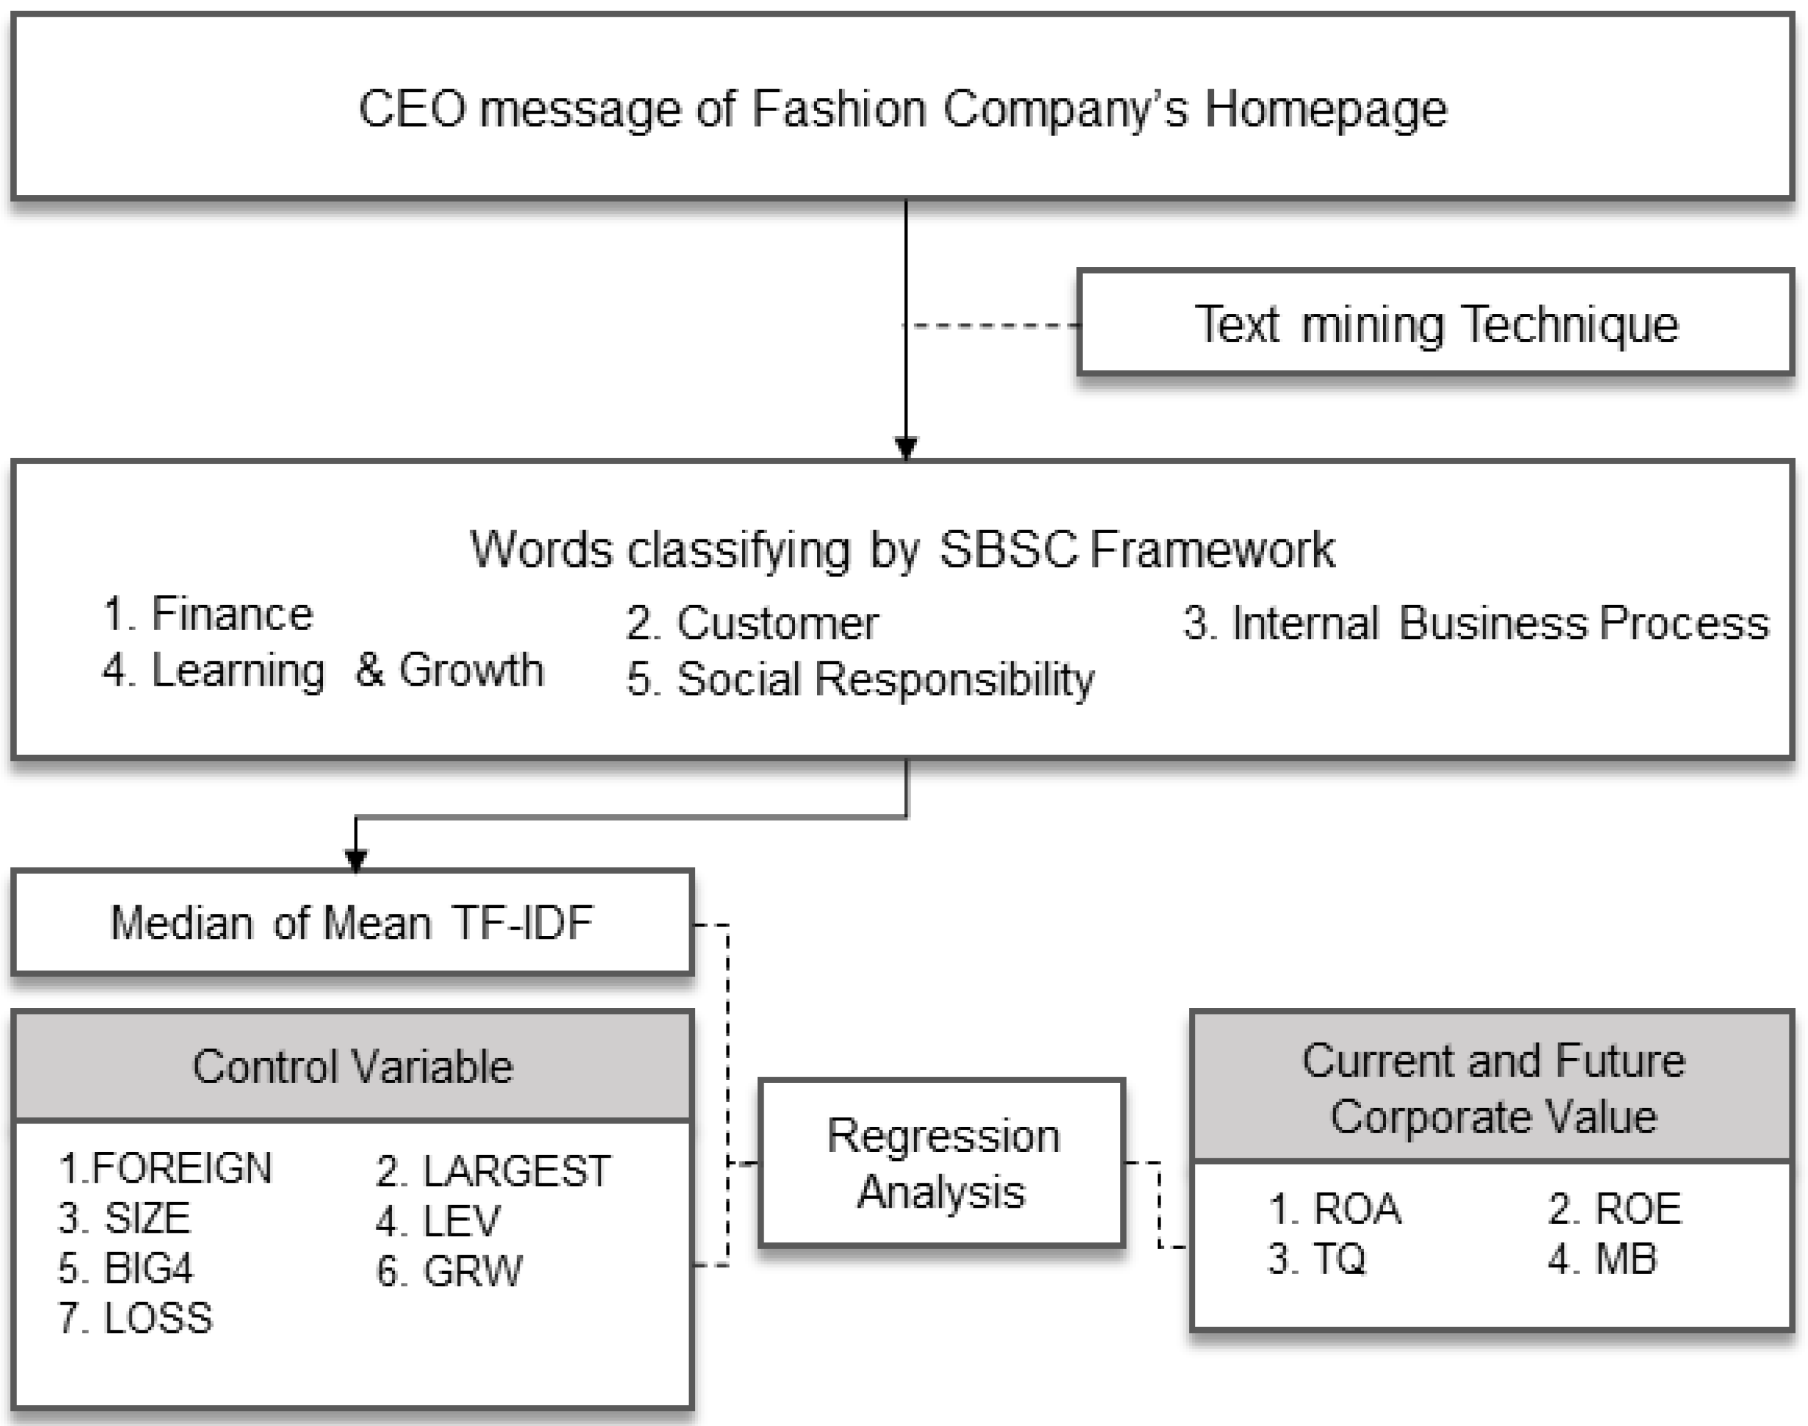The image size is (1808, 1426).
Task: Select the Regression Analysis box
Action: click(x=942, y=1163)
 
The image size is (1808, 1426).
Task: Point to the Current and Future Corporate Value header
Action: click(x=1493, y=1088)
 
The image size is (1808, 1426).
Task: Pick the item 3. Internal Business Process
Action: click(x=1476, y=623)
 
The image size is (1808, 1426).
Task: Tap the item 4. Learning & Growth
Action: click(x=322, y=670)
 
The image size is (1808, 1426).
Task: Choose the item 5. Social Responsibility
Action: click(x=860, y=679)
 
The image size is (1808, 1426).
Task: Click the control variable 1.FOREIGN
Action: click(x=165, y=1168)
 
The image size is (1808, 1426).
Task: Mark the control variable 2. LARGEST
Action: click(x=493, y=1171)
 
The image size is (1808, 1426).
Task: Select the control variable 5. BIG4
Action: click(x=125, y=1268)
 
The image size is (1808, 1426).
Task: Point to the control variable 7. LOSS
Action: click(x=136, y=1318)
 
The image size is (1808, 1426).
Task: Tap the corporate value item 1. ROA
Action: click(x=1335, y=1209)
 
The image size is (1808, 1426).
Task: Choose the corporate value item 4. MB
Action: click(x=1602, y=1259)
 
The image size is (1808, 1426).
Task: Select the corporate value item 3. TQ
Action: click(x=1317, y=1259)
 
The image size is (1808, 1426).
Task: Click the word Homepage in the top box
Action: click(x=1325, y=109)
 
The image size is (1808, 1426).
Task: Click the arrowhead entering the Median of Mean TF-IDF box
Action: click(x=356, y=860)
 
